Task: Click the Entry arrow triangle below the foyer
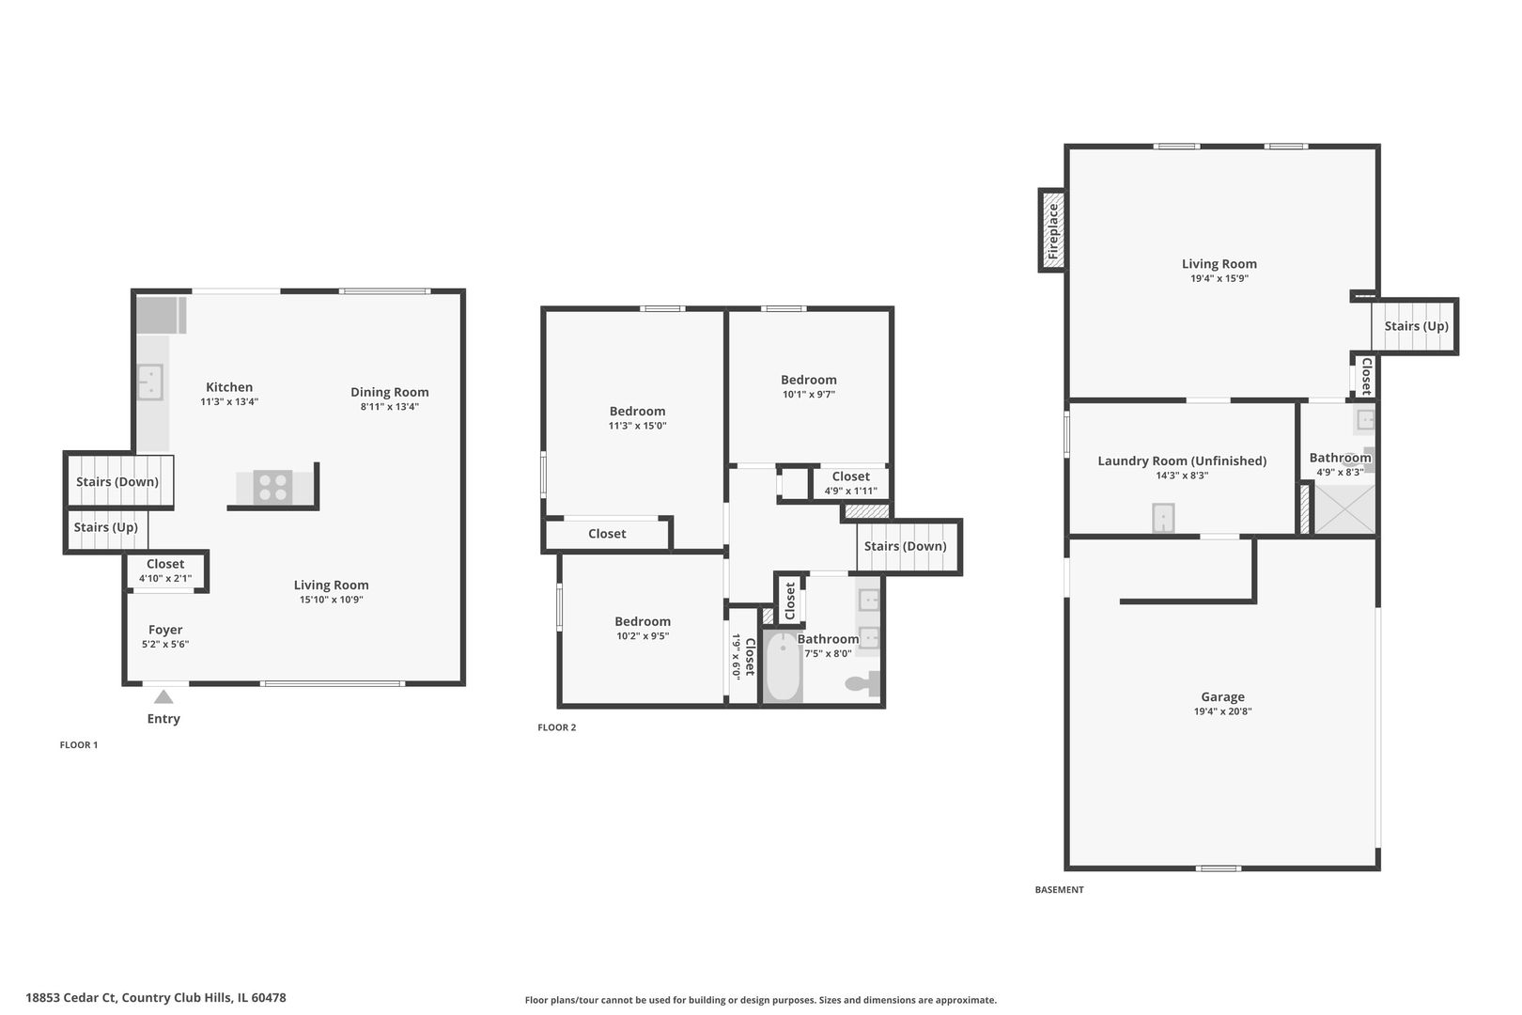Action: coord(163,696)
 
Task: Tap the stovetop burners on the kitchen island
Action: coord(272,488)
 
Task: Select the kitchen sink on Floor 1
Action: coord(150,382)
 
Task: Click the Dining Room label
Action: coord(389,392)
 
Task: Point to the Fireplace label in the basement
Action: coord(1053,230)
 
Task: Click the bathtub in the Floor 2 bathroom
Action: coord(782,668)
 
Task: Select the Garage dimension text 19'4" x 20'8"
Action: coord(1222,711)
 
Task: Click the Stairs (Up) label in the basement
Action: coord(1416,326)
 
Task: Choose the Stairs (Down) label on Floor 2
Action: coord(905,546)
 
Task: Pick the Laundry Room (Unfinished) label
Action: coord(1182,461)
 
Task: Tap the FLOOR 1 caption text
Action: coord(79,745)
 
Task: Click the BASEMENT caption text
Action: coord(1059,890)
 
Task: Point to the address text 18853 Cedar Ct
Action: coord(71,998)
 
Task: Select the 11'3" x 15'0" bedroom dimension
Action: coord(637,426)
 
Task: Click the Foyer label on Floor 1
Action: coord(165,630)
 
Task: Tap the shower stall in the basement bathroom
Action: coord(1343,509)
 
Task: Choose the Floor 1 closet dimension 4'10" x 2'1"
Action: coord(165,579)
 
